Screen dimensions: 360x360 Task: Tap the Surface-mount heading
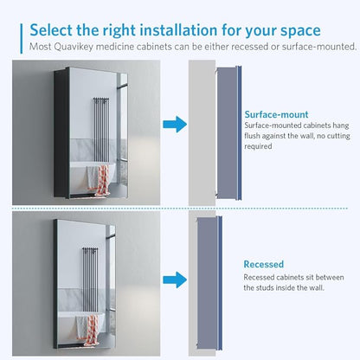276,114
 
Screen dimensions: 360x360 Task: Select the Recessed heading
264,264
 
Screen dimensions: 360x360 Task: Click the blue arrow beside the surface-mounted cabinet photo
175,125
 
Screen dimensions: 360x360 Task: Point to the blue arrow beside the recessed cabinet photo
175,280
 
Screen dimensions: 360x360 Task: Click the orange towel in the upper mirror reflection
103,177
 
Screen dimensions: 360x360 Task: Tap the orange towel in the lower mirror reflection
92,329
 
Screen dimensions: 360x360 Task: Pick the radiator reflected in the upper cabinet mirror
101,130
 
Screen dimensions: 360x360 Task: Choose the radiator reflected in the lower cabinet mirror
90,280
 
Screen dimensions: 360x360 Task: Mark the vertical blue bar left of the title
21,38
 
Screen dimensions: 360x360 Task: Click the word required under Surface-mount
258,146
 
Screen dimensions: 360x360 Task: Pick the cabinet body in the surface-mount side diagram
227,133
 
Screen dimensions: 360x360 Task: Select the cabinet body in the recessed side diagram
207,283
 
